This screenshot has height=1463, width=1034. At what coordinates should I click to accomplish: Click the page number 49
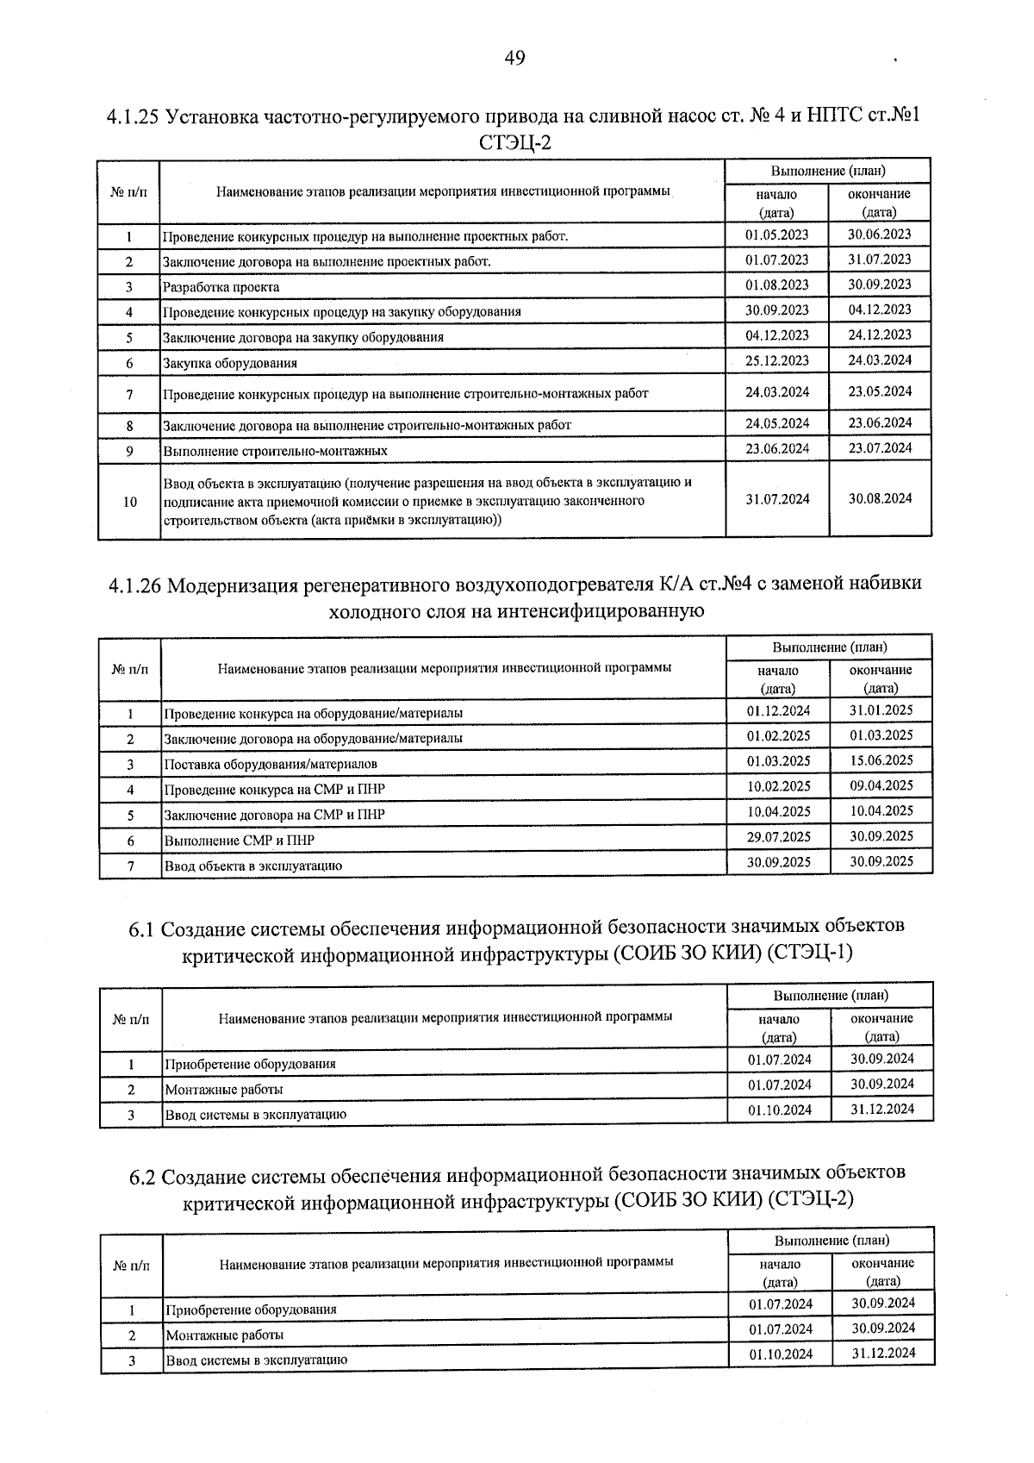point(514,58)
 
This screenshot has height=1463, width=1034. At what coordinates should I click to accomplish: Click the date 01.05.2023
point(776,234)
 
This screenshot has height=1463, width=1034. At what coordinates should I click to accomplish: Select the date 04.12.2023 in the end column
point(879,309)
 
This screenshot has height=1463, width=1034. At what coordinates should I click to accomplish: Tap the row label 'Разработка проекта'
point(221,287)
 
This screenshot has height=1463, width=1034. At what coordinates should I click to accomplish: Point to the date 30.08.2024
point(879,498)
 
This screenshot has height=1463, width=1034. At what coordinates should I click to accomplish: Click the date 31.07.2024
point(777,499)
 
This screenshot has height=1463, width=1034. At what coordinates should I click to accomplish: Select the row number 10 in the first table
point(129,502)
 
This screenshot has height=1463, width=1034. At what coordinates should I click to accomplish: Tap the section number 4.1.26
point(135,585)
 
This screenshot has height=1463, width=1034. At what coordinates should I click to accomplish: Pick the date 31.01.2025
point(881,710)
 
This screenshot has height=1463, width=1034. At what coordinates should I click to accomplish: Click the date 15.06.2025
point(881,760)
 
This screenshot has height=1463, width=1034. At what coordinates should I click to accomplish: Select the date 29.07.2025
point(778,836)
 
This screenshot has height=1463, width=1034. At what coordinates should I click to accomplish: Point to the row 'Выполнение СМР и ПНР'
point(240,841)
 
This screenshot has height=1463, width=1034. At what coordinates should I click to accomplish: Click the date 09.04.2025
point(881,785)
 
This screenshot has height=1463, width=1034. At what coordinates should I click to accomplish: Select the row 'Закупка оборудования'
point(230,363)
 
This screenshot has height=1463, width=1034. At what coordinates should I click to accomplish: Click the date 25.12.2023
point(776,360)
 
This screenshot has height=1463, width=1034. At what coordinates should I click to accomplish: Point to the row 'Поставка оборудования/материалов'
point(271,765)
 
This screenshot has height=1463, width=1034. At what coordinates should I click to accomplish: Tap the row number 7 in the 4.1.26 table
point(130,866)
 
